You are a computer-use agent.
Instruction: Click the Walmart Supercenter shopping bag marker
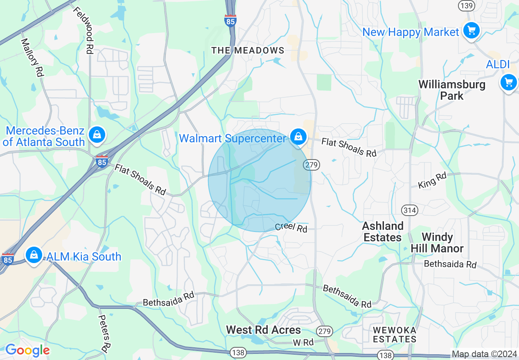[x=299, y=137]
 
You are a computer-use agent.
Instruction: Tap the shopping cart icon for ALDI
[x=508, y=82]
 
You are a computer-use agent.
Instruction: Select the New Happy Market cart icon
[x=471, y=30]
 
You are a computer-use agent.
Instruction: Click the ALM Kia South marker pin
[x=34, y=255]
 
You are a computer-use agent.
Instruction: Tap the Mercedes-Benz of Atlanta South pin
[x=97, y=134]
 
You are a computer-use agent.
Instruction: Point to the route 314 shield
[x=409, y=210]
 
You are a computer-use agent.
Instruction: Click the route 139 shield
[x=467, y=6]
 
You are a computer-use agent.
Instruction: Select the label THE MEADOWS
[x=248, y=50]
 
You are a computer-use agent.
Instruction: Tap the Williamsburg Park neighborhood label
[x=452, y=90]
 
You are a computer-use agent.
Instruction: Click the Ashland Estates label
[x=383, y=232]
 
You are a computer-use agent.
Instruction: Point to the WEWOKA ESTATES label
[x=395, y=335]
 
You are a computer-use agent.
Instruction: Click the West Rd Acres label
[x=264, y=330]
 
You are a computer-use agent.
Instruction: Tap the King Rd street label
[x=432, y=180]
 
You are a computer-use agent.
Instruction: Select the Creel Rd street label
[x=291, y=227]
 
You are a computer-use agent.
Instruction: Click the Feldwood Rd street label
[x=84, y=31]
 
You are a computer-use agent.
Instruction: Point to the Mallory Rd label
[x=32, y=57]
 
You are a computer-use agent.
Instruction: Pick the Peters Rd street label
[x=104, y=334]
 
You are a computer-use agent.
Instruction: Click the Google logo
[x=27, y=350]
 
